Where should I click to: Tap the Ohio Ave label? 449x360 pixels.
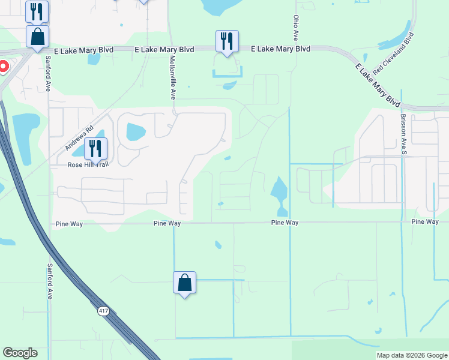click(x=295, y=28)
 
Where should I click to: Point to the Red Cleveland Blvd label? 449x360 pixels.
click(x=394, y=55)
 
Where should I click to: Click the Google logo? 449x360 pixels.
click(x=20, y=353)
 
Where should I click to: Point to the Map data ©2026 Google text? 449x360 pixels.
click(x=412, y=355)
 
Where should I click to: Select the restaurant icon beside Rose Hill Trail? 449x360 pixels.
click(x=95, y=148)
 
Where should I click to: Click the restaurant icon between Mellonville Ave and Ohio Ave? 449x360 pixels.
click(x=227, y=41)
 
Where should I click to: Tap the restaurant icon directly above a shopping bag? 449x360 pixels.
click(x=37, y=11)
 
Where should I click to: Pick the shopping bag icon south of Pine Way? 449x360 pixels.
click(x=185, y=283)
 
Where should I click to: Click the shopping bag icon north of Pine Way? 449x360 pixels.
click(x=37, y=37)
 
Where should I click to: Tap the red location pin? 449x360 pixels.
click(x=2, y=67)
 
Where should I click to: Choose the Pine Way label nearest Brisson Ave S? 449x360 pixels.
click(x=425, y=222)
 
